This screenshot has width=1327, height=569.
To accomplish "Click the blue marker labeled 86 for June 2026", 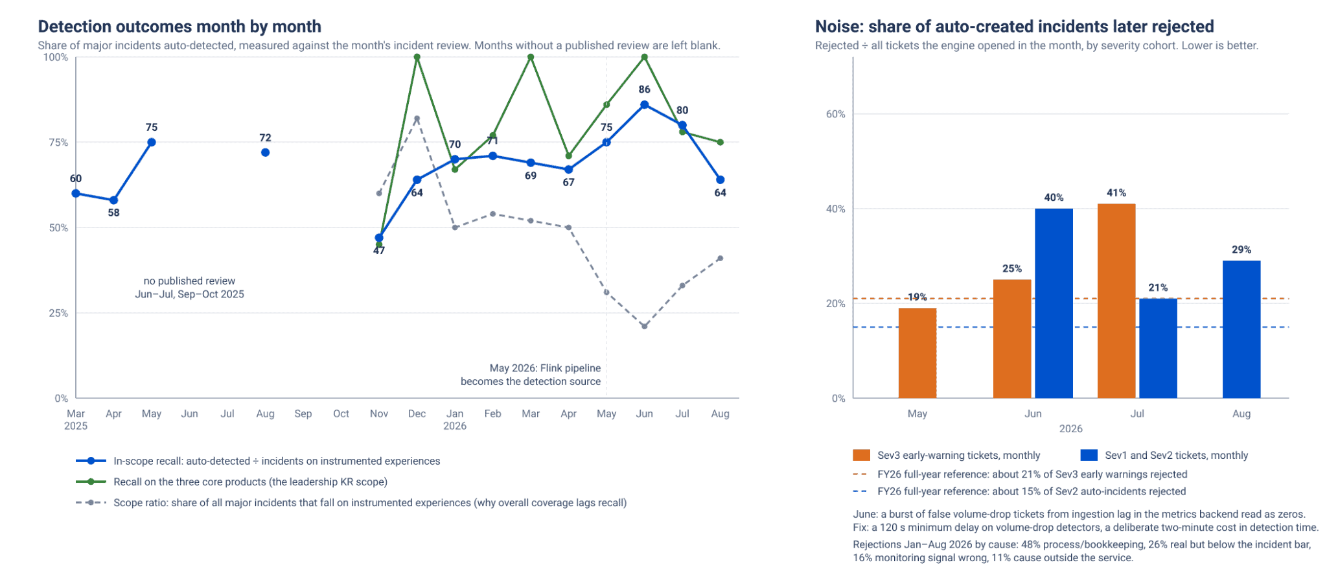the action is coord(644,105).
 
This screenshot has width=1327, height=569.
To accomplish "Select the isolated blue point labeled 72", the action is coord(265,152).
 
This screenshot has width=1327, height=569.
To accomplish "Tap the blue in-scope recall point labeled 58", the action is coord(113,200).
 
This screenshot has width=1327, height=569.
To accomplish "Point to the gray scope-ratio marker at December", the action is coord(417,119).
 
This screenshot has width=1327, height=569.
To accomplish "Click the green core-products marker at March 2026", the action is coord(531,57).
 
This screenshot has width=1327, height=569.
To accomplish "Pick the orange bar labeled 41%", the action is coord(1116,301).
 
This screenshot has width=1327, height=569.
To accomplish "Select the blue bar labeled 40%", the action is coord(1054,303).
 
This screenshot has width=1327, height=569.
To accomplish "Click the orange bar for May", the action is coord(917,353).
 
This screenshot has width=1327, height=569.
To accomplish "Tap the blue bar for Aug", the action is coord(1241,329).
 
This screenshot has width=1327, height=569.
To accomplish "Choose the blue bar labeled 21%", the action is coord(1158,348).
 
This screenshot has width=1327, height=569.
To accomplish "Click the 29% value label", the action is coord(1241,250).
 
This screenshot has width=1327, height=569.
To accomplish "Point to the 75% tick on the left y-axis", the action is coord(58,143).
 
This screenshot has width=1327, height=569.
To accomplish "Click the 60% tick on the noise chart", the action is coord(835,114).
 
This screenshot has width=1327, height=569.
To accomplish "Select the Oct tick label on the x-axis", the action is coord(341,413).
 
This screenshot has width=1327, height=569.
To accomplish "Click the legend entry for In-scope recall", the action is coord(258,461).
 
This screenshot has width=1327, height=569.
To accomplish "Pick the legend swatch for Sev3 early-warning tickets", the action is coord(861,455).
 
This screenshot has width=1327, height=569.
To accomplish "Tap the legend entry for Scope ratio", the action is coord(351,502).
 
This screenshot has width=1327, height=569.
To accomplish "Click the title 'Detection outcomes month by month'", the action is coord(179,27).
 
